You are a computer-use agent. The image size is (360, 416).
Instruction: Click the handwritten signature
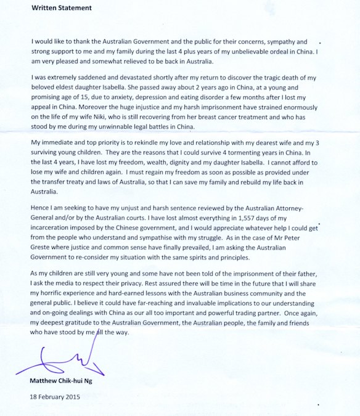click(59, 363)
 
